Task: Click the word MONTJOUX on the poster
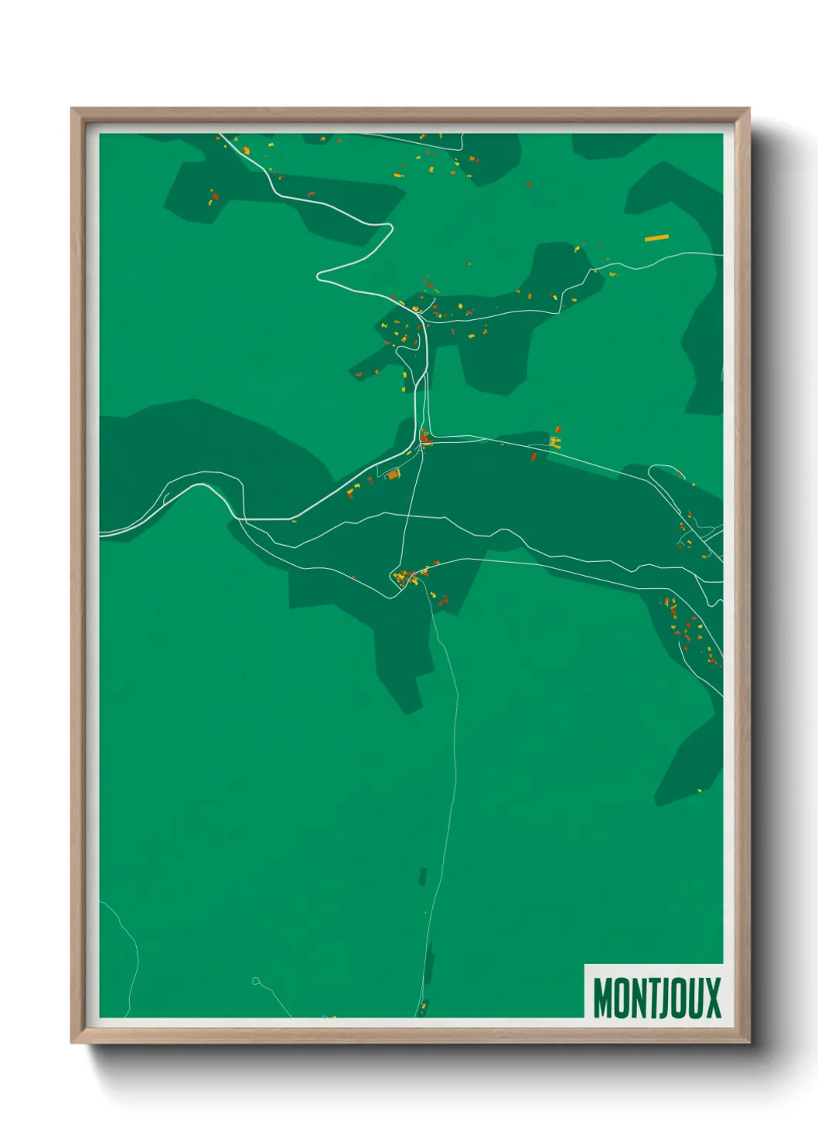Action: (656, 997)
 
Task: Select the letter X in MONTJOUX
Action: (712, 998)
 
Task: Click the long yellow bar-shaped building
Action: (656, 238)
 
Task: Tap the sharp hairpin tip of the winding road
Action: (318, 275)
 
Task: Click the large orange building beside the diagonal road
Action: (393, 475)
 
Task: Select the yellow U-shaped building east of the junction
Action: (554, 442)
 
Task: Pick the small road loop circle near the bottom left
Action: (256, 981)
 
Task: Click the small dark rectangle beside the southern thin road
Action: (423, 877)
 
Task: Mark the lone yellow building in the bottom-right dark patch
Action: (700, 790)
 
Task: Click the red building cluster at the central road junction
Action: (424, 438)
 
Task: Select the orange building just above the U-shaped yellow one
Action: (557, 429)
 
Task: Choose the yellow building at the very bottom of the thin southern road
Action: (422, 1007)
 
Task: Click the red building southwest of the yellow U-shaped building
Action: (533, 458)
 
